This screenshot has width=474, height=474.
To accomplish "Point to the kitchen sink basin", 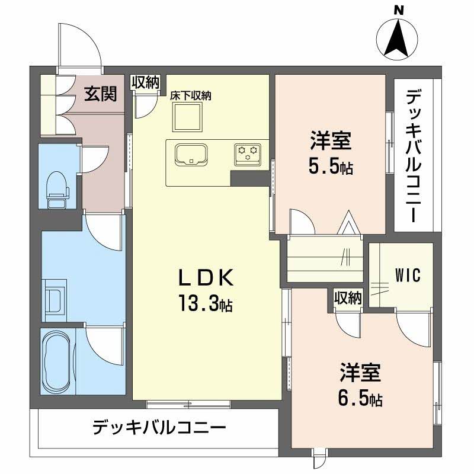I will (x=190, y=153).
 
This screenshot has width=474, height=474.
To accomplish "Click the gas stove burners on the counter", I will (x=248, y=153).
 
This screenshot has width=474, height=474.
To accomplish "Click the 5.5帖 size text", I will (x=331, y=166).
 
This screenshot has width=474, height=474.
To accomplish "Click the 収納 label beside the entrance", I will (x=145, y=83).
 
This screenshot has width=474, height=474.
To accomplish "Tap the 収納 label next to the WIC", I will (x=347, y=297).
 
